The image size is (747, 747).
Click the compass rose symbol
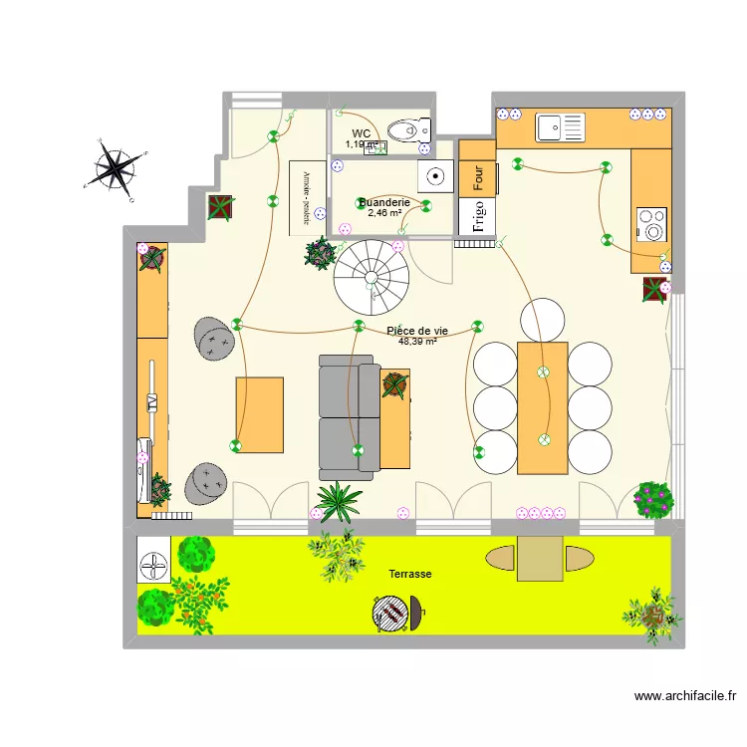(117, 166)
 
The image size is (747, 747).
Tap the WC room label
(361, 133)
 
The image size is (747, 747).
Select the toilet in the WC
(407, 130)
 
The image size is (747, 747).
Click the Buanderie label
(384, 202)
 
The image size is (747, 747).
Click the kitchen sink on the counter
(559, 126)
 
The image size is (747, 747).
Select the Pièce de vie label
(416, 331)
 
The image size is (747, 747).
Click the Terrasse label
(409, 575)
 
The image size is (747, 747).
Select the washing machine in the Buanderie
(435, 177)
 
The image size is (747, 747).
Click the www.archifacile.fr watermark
(684, 697)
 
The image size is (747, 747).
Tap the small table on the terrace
(540, 558)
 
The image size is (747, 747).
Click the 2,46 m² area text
(384, 212)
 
